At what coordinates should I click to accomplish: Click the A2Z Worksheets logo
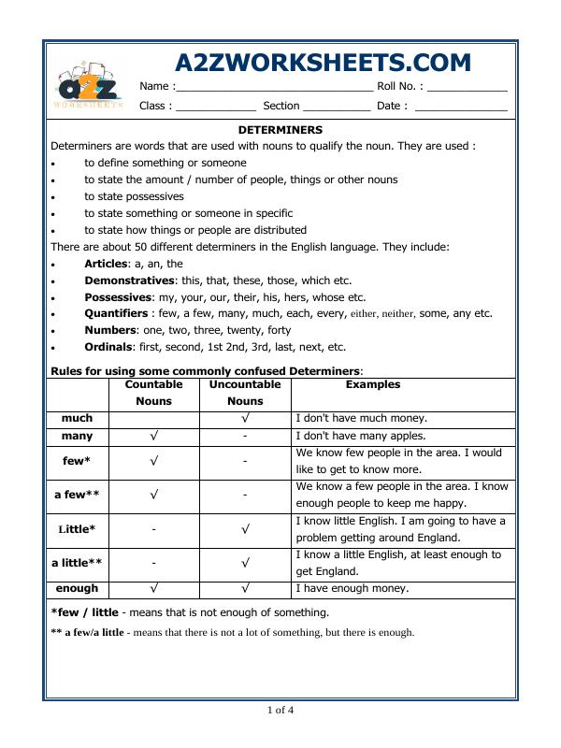click(x=89, y=86)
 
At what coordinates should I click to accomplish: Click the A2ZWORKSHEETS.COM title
click(x=323, y=63)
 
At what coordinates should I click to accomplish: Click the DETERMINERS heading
click(x=280, y=130)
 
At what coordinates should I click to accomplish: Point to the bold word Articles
click(x=106, y=264)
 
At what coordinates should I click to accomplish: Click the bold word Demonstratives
click(x=129, y=280)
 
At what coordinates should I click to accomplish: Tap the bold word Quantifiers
click(x=116, y=313)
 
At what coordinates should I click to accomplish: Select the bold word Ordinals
click(x=108, y=347)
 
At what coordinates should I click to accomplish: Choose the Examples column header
click(x=372, y=384)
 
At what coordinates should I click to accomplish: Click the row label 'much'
click(x=77, y=419)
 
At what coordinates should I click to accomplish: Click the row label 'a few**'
click(x=77, y=495)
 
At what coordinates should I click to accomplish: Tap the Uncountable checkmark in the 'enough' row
click(x=244, y=589)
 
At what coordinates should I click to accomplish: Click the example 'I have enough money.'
click(x=352, y=589)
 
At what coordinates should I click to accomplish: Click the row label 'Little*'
click(x=77, y=529)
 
